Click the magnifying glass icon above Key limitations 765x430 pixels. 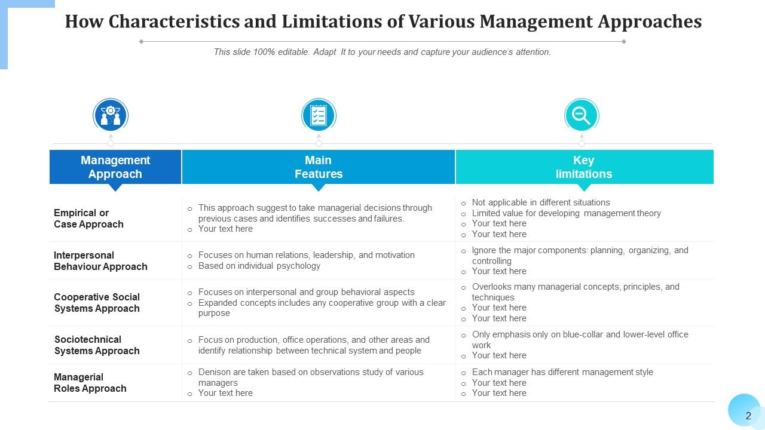581,115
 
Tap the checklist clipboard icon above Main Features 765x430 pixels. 319,115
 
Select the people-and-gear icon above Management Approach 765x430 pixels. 111,115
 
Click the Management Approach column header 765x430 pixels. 115,167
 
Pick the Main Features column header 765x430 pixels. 319,167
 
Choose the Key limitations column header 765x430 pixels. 584,167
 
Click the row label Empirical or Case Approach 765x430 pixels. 88,219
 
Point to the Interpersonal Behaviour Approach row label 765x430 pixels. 100,261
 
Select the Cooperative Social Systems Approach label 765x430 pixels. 97,303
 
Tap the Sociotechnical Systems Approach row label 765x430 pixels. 97,345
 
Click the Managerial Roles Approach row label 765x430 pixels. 90,383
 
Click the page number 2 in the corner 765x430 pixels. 748,416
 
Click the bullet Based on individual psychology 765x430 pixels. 259,266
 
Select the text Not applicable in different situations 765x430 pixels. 540,202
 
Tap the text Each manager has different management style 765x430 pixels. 562,372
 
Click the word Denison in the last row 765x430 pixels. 214,372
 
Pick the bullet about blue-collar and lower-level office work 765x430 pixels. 580,339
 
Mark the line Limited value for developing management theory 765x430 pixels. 566,213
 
